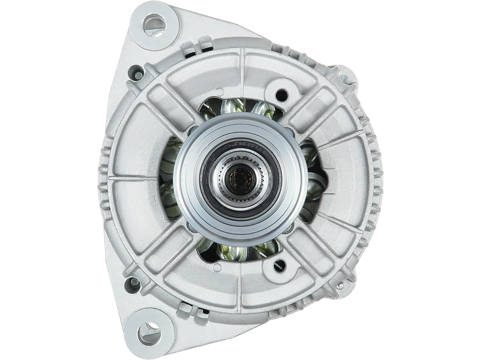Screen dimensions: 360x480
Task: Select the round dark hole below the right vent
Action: (280, 263)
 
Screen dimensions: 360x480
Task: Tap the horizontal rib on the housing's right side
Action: (348, 179)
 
